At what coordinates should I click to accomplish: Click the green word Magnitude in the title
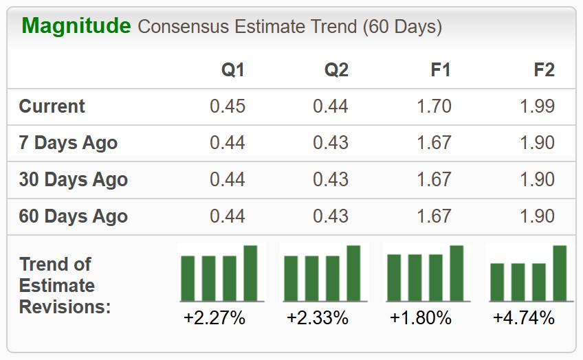click(x=76, y=27)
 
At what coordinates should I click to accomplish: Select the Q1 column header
click(x=233, y=70)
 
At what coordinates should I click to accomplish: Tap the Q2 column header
click(x=336, y=70)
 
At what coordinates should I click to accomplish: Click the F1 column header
click(x=440, y=69)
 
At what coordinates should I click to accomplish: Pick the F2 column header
click(x=544, y=69)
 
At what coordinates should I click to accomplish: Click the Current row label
click(x=52, y=106)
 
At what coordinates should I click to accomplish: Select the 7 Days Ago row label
click(x=69, y=143)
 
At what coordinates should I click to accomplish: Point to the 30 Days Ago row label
click(x=74, y=179)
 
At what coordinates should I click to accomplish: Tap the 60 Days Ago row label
click(x=74, y=216)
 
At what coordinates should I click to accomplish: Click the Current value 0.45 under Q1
click(x=228, y=106)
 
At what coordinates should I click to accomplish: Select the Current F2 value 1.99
click(x=537, y=106)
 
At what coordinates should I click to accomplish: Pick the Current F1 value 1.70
click(x=434, y=106)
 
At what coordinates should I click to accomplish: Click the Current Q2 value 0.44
click(x=331, y=106)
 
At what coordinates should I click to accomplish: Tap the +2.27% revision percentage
click(x=214, y=318)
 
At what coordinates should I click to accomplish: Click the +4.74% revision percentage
click(x=524, y=318)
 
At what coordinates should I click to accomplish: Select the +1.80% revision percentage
click(x=421, y=318)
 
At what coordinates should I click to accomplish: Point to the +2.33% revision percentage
click(x=318, y=318)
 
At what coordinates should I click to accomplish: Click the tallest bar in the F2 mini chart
click(x=560, y=273)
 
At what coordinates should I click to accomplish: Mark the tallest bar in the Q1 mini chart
click(x=250, y=273)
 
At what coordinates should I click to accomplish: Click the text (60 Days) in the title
click(x=402, y=27)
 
